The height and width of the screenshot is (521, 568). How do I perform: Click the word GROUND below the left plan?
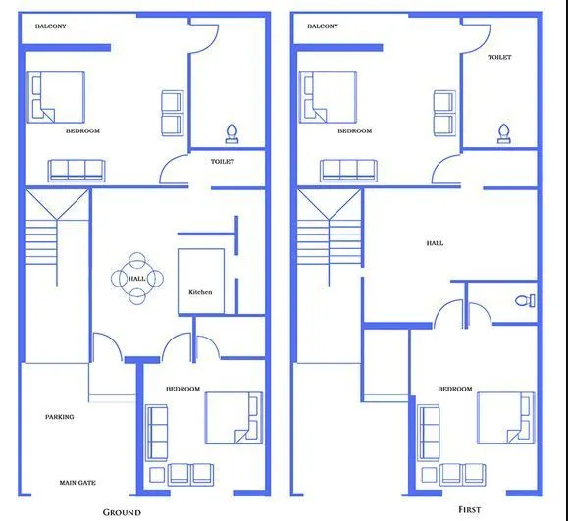click(123, 512)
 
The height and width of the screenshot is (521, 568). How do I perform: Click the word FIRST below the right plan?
click(469, 510)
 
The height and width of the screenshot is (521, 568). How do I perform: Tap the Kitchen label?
click(200, 292)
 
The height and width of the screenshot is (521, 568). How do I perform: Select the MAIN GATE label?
click(77, 482)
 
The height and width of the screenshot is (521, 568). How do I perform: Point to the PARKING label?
click(60, 417)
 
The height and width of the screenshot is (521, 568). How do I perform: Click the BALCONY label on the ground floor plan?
click(51, 26)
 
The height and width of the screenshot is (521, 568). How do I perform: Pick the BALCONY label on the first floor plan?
click(323, 26)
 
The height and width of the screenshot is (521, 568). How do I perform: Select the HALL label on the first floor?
click(435, 243)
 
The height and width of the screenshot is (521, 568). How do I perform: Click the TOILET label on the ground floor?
click(223, 161)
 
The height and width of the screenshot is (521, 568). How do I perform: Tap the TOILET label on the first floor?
click(499, 58)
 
